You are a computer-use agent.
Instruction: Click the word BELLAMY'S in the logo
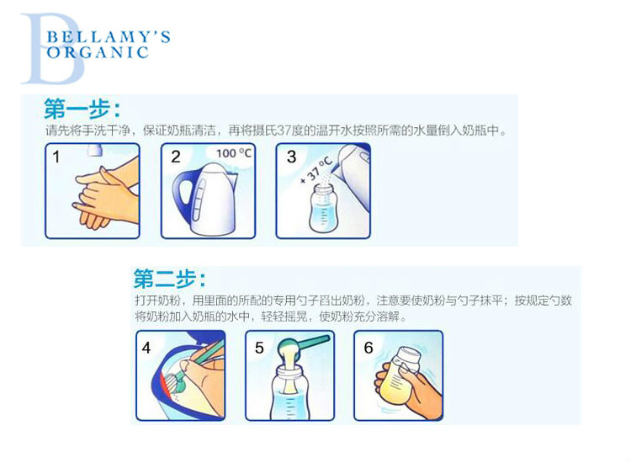(x=109, y=37)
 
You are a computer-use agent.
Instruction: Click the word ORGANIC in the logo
(x=98, y=53)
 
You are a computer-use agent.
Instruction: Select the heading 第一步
(x=82, y=109)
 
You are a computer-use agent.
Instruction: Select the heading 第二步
(x=169, y=279)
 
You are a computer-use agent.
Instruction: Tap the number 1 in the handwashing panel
(x=56, y=157)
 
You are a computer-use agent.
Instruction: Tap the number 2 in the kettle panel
(x=176, y=157)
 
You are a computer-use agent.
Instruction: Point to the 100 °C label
(x=233, y=153)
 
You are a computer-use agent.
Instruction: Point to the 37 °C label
(x=318, y=170)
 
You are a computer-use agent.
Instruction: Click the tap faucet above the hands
(x=94, y=150)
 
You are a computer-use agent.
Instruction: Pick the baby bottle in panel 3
(x=321, y=208)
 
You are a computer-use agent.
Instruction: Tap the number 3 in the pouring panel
(x=291, y=157)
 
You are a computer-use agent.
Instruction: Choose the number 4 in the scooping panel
(x=146, y=348)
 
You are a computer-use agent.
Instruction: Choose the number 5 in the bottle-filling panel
(x=259, y=348)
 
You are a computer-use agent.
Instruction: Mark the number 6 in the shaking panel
(x=369, y=348)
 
